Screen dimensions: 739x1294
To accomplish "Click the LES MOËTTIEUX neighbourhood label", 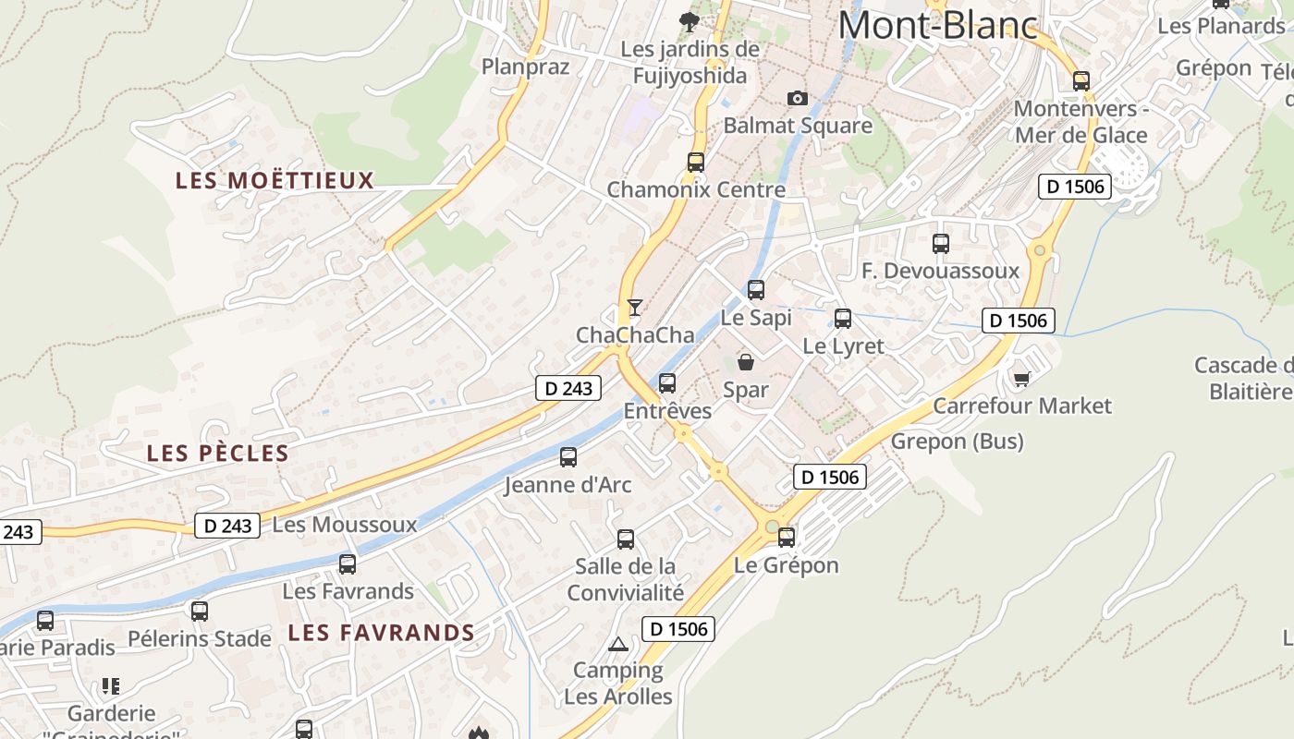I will click(x=275, y=180).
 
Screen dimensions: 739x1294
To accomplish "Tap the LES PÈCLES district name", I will click(x=218, y=453).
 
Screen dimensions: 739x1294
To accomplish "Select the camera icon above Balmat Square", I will click(x=797, y=98).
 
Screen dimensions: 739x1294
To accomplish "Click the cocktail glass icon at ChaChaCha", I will click(x=634, y=308).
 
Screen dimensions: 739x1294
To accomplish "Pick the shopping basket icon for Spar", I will click(x=746, y=362).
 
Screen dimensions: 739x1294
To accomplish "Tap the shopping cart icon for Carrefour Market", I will click(x=1021, y=379).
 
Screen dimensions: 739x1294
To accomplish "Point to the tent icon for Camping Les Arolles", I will click(x=618, y=644).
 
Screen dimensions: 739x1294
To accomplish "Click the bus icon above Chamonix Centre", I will click(x=696, y=163).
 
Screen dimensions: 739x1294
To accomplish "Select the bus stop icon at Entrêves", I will click(x=667, y=382).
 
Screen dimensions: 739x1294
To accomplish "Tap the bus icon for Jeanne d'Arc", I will click(x=568, y=456).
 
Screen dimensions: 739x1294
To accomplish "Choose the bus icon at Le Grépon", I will click(x=787, y=537).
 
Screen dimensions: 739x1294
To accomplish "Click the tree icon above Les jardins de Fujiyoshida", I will click(x=689, y=21).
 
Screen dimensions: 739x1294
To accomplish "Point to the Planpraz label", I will click(x=525, y=67).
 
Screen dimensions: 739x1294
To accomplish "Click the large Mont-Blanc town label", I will click(x=937, y=25).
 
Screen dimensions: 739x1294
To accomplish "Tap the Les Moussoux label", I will click(x=345, y=526).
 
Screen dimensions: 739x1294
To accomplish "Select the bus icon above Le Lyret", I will click(x=843, y=319).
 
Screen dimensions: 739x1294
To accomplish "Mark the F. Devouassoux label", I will click(x=940, y=271).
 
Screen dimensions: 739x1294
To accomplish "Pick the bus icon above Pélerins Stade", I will click(x=200, y=611).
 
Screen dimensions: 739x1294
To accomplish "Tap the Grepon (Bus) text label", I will click(x=957, y=442).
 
